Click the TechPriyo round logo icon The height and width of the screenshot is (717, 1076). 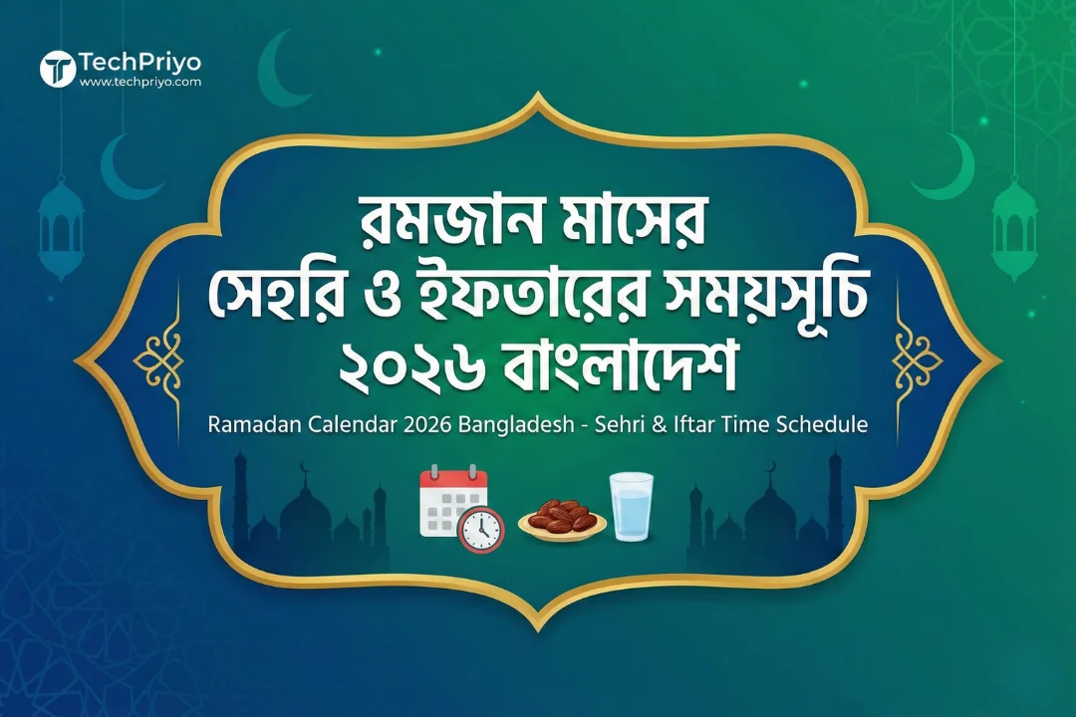[58, 69]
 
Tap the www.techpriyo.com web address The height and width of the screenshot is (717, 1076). [139, 83]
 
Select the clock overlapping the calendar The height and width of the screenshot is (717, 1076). [481, 528]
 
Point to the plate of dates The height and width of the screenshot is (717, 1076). [562, 520]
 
